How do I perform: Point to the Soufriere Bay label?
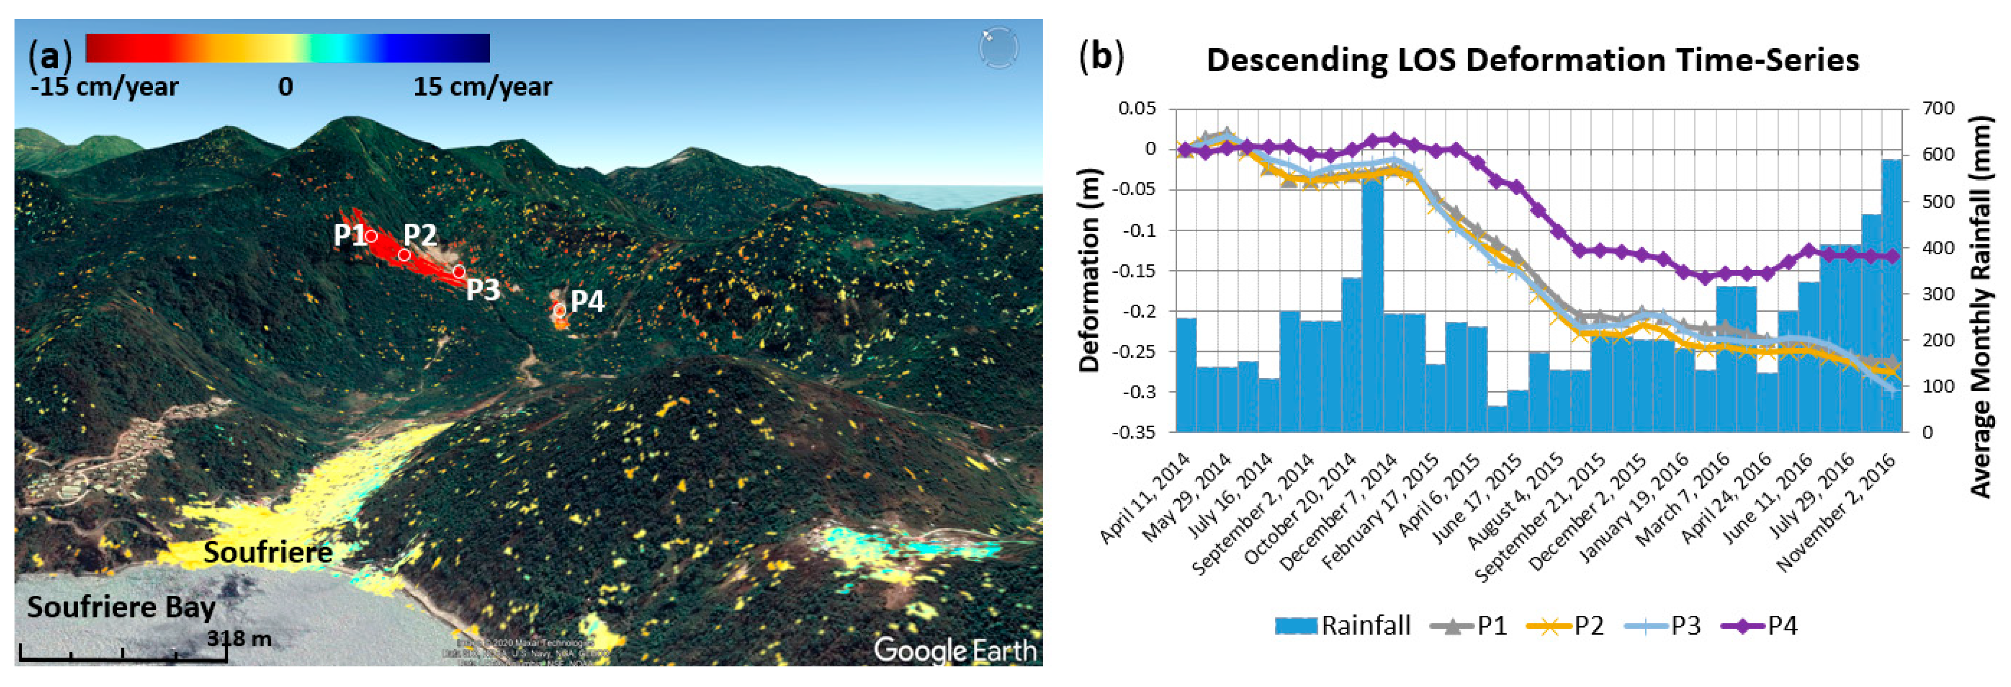click(x=121, y=607)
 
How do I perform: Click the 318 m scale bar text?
click(x=239, y=639)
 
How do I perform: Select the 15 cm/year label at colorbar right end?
click(x=483, y=86)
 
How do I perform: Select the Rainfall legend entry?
click(x=1343, y=625)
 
